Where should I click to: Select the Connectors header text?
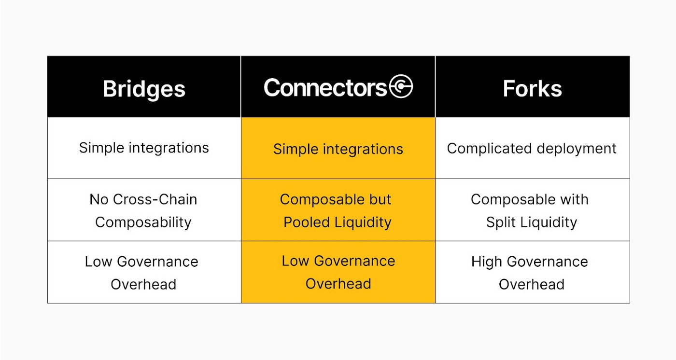(x=325, y=88)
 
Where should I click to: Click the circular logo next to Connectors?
(x=401, y=86)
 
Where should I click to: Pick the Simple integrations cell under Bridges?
(x=144, y=148)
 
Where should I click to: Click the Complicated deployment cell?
(x=532, y=148)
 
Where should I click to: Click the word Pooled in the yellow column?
(x=307, y=222)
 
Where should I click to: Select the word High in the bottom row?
(x=486, y=262)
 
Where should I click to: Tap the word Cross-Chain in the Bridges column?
(x=155, y=199)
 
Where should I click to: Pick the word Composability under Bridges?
(x=143, y=222)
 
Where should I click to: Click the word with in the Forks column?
(x=574, y=199)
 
